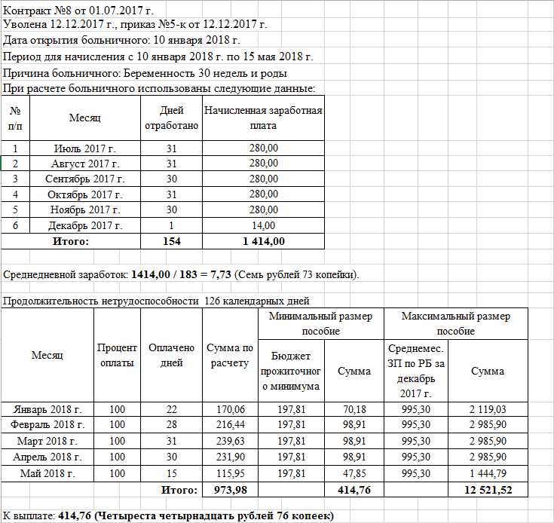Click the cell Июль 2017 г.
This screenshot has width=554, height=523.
click(84, 148)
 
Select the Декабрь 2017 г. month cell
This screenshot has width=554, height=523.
click(84, 225)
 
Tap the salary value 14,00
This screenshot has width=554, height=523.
click(263, 225)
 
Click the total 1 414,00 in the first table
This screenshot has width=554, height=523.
click(263, 241)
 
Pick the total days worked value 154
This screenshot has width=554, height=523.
click(171, 241)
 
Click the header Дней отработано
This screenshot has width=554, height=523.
click(171, 118)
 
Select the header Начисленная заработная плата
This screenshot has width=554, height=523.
click(263, 118)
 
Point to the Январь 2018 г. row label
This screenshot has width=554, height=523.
click(47, 409)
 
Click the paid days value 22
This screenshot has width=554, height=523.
click(171, 409)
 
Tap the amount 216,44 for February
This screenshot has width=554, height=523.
click(230, 425)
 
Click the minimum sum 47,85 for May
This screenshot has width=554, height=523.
click(354, 473)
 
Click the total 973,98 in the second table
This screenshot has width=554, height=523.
click(230, 490)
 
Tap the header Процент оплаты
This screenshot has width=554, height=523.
click(117, 355)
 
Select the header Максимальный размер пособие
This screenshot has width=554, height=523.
click(456, 323)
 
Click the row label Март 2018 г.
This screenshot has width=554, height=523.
click(47, 441)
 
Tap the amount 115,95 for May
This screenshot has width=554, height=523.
click(230, 473)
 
